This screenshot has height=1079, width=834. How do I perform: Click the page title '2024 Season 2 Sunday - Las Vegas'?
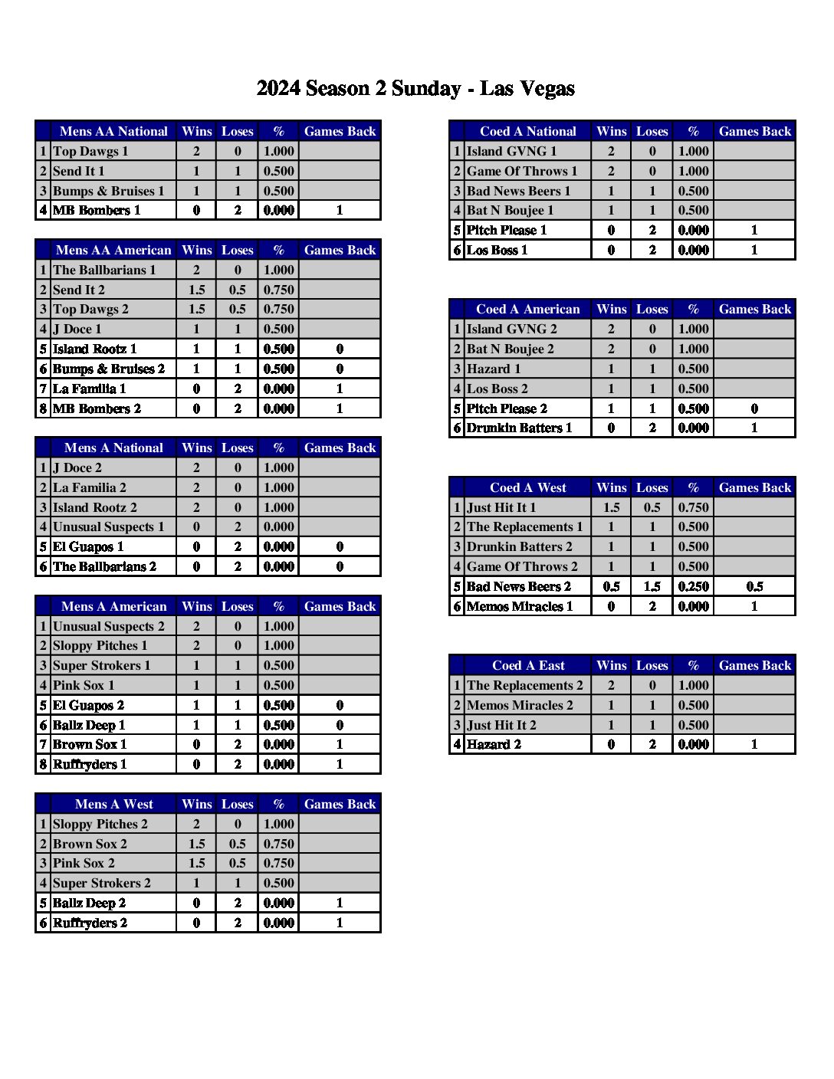(x=415, y=89)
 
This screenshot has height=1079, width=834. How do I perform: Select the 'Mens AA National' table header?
(x=113, y=131)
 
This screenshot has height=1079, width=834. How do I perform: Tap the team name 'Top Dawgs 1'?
(x=90, y=151)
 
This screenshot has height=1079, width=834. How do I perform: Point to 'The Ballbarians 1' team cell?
(x=104, y=270)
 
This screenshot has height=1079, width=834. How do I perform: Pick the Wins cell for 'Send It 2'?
(x=196, y=290)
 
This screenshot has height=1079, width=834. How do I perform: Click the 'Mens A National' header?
(x=113, y=448)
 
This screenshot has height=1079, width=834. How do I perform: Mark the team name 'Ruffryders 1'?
(x=90, y=764)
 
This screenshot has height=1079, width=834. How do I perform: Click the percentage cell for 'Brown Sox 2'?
(x=278, y=844)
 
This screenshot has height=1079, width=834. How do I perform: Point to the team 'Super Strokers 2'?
(x=102, y=883)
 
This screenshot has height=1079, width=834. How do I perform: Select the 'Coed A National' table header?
(x=527, y=131)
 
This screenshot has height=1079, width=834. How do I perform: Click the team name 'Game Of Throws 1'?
(x=522, y=171)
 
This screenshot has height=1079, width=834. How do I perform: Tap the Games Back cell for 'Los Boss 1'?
(x=754, y=250)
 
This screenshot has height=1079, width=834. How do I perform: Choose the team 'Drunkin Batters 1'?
(x=519, y=428)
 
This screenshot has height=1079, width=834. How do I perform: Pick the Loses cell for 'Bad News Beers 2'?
(x=652, y=586)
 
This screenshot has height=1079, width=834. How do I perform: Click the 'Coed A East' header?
(x=527, y=665)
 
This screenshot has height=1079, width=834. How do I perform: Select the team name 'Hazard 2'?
(x=494, y=744)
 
